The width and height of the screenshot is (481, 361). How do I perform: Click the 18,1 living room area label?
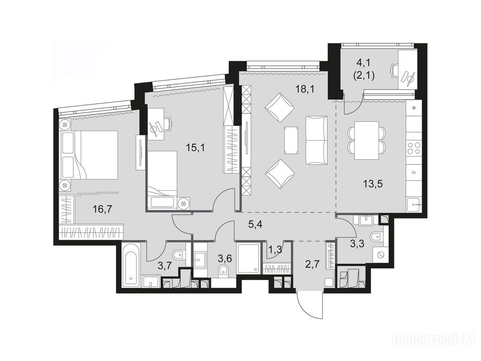tap(303, 89)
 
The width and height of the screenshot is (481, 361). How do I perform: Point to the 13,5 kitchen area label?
tap(373, 184)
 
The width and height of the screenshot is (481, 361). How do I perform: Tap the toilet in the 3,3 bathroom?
tap(375, 237)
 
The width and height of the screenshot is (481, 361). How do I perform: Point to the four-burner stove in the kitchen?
tap(414, 148)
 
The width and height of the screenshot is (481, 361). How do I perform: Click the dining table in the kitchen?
tap(366, 140)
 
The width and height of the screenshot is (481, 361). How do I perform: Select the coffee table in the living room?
tap(291, 140)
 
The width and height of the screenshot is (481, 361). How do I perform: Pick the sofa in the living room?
tap(316, 140)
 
